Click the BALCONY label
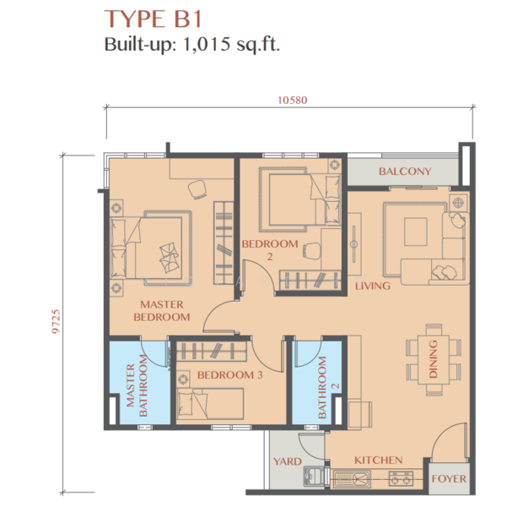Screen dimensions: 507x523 [x=404, y=172]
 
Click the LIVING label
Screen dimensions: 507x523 [x=372, y=286]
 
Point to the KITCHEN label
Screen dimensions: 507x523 [x=377, y=460]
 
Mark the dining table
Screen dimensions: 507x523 [x=434, y=358]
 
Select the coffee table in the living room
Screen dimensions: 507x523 [x=414, y=232]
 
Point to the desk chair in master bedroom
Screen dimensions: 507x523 [x=197, y=188]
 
